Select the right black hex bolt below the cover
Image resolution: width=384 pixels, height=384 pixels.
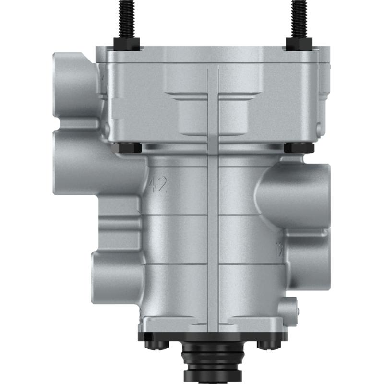pyautogui.click(x=299, y=148)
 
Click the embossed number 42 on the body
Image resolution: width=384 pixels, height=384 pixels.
pyautogui.click(x=158, y=184)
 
